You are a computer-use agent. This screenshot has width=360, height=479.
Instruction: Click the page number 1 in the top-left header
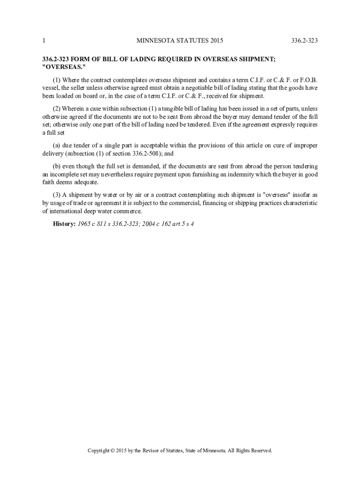coord(43,41)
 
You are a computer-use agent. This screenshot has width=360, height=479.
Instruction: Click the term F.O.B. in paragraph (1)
coord(308,80)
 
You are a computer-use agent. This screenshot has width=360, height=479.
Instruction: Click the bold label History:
coord(64,224)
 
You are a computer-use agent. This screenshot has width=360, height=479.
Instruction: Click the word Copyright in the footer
coord(101,450)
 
